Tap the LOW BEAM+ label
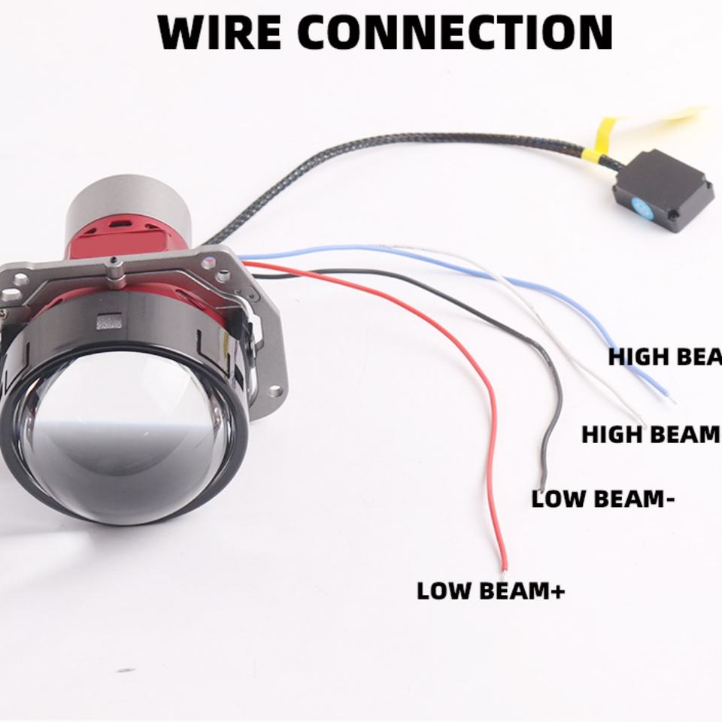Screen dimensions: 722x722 (490, 590)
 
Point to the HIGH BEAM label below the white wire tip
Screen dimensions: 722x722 (650, 434)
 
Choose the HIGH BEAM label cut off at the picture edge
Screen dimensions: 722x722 (665, 356)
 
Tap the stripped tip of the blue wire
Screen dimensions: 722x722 (669, 396)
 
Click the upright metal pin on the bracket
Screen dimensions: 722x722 (114, 272)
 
